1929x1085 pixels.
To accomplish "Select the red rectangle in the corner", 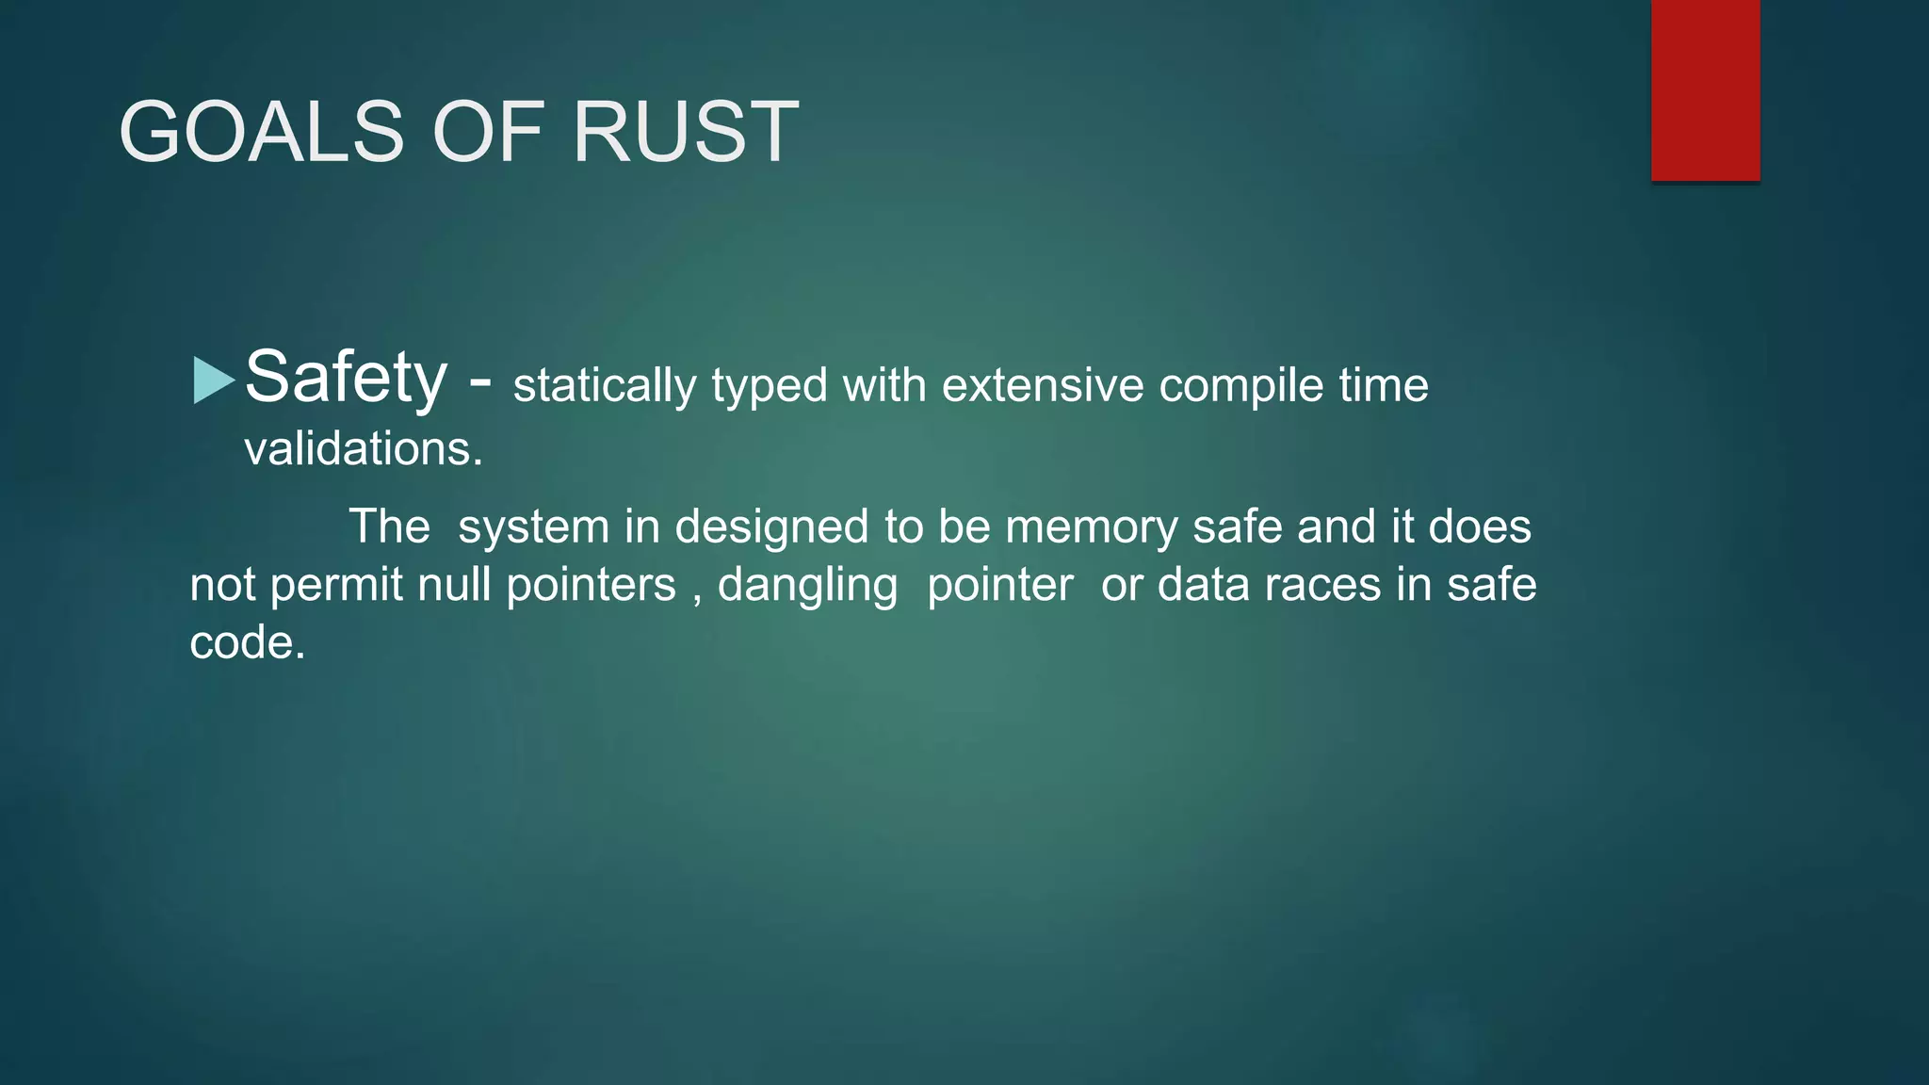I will (1705, 89).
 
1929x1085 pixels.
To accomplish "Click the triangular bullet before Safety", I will (213, 381).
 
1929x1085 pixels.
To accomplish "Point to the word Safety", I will (346, 377).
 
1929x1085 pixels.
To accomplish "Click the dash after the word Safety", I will (479, 381).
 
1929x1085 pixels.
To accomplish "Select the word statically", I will (604, 385).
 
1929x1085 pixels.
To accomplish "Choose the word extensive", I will (1042, 385).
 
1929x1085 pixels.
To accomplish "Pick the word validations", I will (364, 448).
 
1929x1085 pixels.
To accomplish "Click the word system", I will (533, 527).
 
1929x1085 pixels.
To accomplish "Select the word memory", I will (1092, 527).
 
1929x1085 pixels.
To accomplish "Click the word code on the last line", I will (247, 643).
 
